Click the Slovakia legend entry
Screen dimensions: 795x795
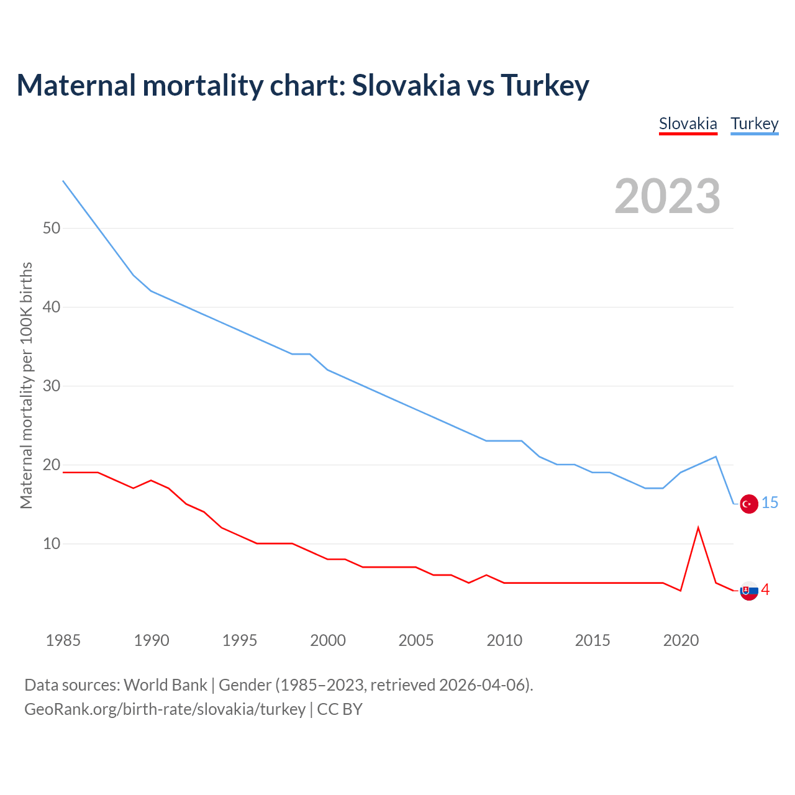tap(688, 124)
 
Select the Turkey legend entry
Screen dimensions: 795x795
tap(754, 124)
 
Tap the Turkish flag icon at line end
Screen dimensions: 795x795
tap(749, 504)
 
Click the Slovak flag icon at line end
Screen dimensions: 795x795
tap(749, 591)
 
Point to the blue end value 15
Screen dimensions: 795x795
tap(770, 502)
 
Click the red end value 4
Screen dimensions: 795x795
tap(765, 589)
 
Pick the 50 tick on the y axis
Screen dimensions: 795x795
tap(52, 228)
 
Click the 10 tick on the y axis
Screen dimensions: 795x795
tap(52, 543)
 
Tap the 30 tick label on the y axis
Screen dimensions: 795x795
tap(52, 386)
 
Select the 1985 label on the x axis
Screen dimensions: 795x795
tap(63, 640)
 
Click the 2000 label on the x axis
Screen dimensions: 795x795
tap(328, 640)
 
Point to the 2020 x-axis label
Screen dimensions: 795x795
tap(681, 640)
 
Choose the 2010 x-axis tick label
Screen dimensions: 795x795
tap(504, 640)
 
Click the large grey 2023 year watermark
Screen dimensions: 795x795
tap(667, 196)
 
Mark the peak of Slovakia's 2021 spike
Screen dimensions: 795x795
tap(698, 528)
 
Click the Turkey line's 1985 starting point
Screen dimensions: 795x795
tap(63, 181)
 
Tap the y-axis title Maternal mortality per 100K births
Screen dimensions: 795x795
tap(26, 385)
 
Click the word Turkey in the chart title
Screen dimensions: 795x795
tap(544, 86)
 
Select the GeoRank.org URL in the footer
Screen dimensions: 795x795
tap(165, 709)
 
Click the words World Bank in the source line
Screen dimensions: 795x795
tap(165, 684)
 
